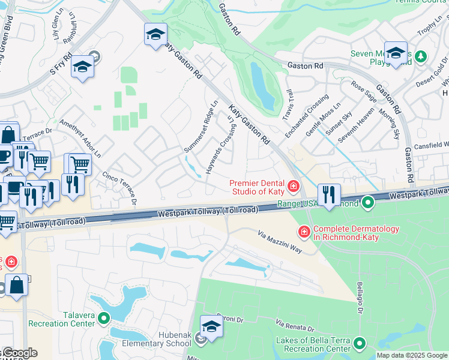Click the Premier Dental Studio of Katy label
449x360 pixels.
click(x=259, y=187)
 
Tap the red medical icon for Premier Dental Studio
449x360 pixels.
click(x=294, y=187)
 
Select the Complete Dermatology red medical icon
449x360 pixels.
click(x=304, y=231)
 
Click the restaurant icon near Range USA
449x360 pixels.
click(x=328, y=194)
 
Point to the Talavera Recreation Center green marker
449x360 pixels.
click(x=104, y=318)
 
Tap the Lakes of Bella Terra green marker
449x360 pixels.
click(x=360, y=343)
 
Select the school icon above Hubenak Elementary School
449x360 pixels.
click(x=211, y=326)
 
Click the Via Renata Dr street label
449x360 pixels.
click(x=294, y=326)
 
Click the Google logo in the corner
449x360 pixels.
click(x=19, y=353)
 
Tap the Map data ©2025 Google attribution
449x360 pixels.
click(x=412, y=355)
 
